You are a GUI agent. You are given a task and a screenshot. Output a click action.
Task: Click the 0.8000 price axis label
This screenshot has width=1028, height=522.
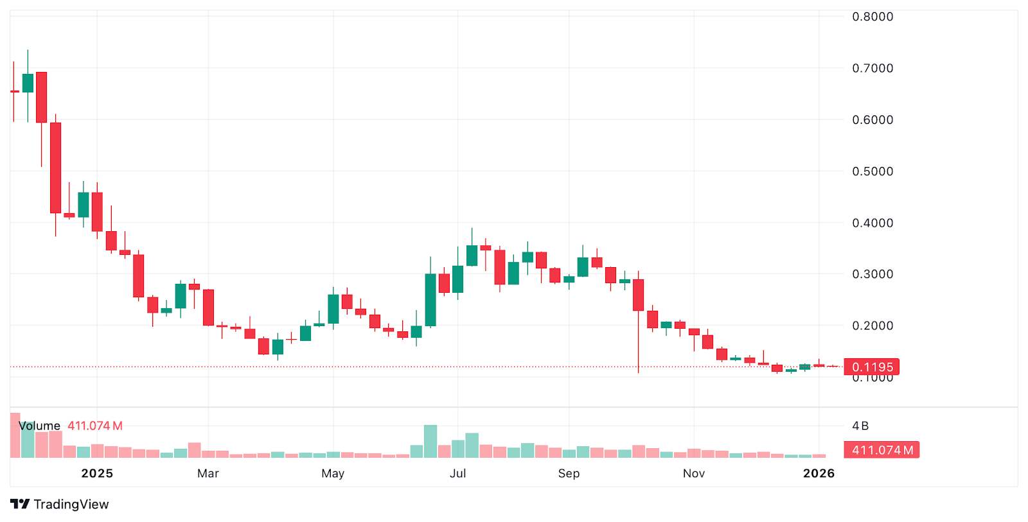pos(872,17)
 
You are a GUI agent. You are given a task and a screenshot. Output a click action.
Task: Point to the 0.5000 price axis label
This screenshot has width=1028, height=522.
pos(872,171)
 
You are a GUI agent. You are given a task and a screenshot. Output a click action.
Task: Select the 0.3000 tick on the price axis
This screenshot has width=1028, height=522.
pos(872,274)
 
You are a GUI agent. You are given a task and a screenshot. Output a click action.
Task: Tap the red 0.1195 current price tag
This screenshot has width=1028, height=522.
pos(871,367)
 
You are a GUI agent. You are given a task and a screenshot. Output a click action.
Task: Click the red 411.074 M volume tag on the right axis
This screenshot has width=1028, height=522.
pos(882,450)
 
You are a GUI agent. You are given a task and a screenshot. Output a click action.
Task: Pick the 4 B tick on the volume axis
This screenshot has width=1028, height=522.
pos(860,426)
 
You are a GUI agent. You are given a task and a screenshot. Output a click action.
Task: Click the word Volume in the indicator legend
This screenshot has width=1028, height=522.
pos(40,426)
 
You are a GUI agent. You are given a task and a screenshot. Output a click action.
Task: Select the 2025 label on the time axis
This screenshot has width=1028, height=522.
pos(97,473)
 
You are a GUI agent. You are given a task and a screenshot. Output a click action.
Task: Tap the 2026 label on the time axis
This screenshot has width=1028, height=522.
pos(819,473)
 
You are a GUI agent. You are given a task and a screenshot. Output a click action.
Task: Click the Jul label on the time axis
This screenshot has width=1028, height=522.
pos(457,473)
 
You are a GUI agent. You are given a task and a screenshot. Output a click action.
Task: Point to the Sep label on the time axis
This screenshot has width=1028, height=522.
pos(569,473)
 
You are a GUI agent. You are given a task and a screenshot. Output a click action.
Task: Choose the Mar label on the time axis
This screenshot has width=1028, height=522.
pos(208,473)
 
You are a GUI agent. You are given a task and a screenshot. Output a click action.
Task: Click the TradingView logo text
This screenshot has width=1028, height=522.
pos(71,505)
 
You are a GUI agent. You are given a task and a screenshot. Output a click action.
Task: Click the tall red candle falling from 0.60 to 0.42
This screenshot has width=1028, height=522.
pos(56,168)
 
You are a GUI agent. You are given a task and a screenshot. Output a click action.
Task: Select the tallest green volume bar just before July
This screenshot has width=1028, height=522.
pos(430,441)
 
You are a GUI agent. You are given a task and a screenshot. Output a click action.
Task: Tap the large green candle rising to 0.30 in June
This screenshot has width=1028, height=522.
pos(430,300)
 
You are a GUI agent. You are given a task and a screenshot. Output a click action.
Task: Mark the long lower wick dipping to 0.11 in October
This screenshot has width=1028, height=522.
pos(639,344)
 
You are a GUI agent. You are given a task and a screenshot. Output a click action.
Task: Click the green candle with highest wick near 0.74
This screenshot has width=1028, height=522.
pos(28,83)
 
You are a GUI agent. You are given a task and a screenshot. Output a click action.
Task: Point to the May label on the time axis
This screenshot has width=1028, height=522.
pos(333,473)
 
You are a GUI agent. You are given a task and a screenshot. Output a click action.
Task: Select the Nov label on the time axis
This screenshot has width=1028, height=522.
pos(694,473)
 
